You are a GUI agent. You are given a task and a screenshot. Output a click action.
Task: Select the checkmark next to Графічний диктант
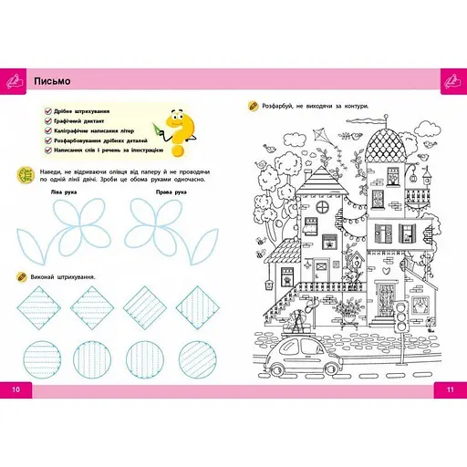click(x=47, y=119)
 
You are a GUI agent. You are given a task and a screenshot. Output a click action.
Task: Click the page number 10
click(x=15, y=390)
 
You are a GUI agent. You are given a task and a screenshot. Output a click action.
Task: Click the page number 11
click(x=451, y=390)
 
